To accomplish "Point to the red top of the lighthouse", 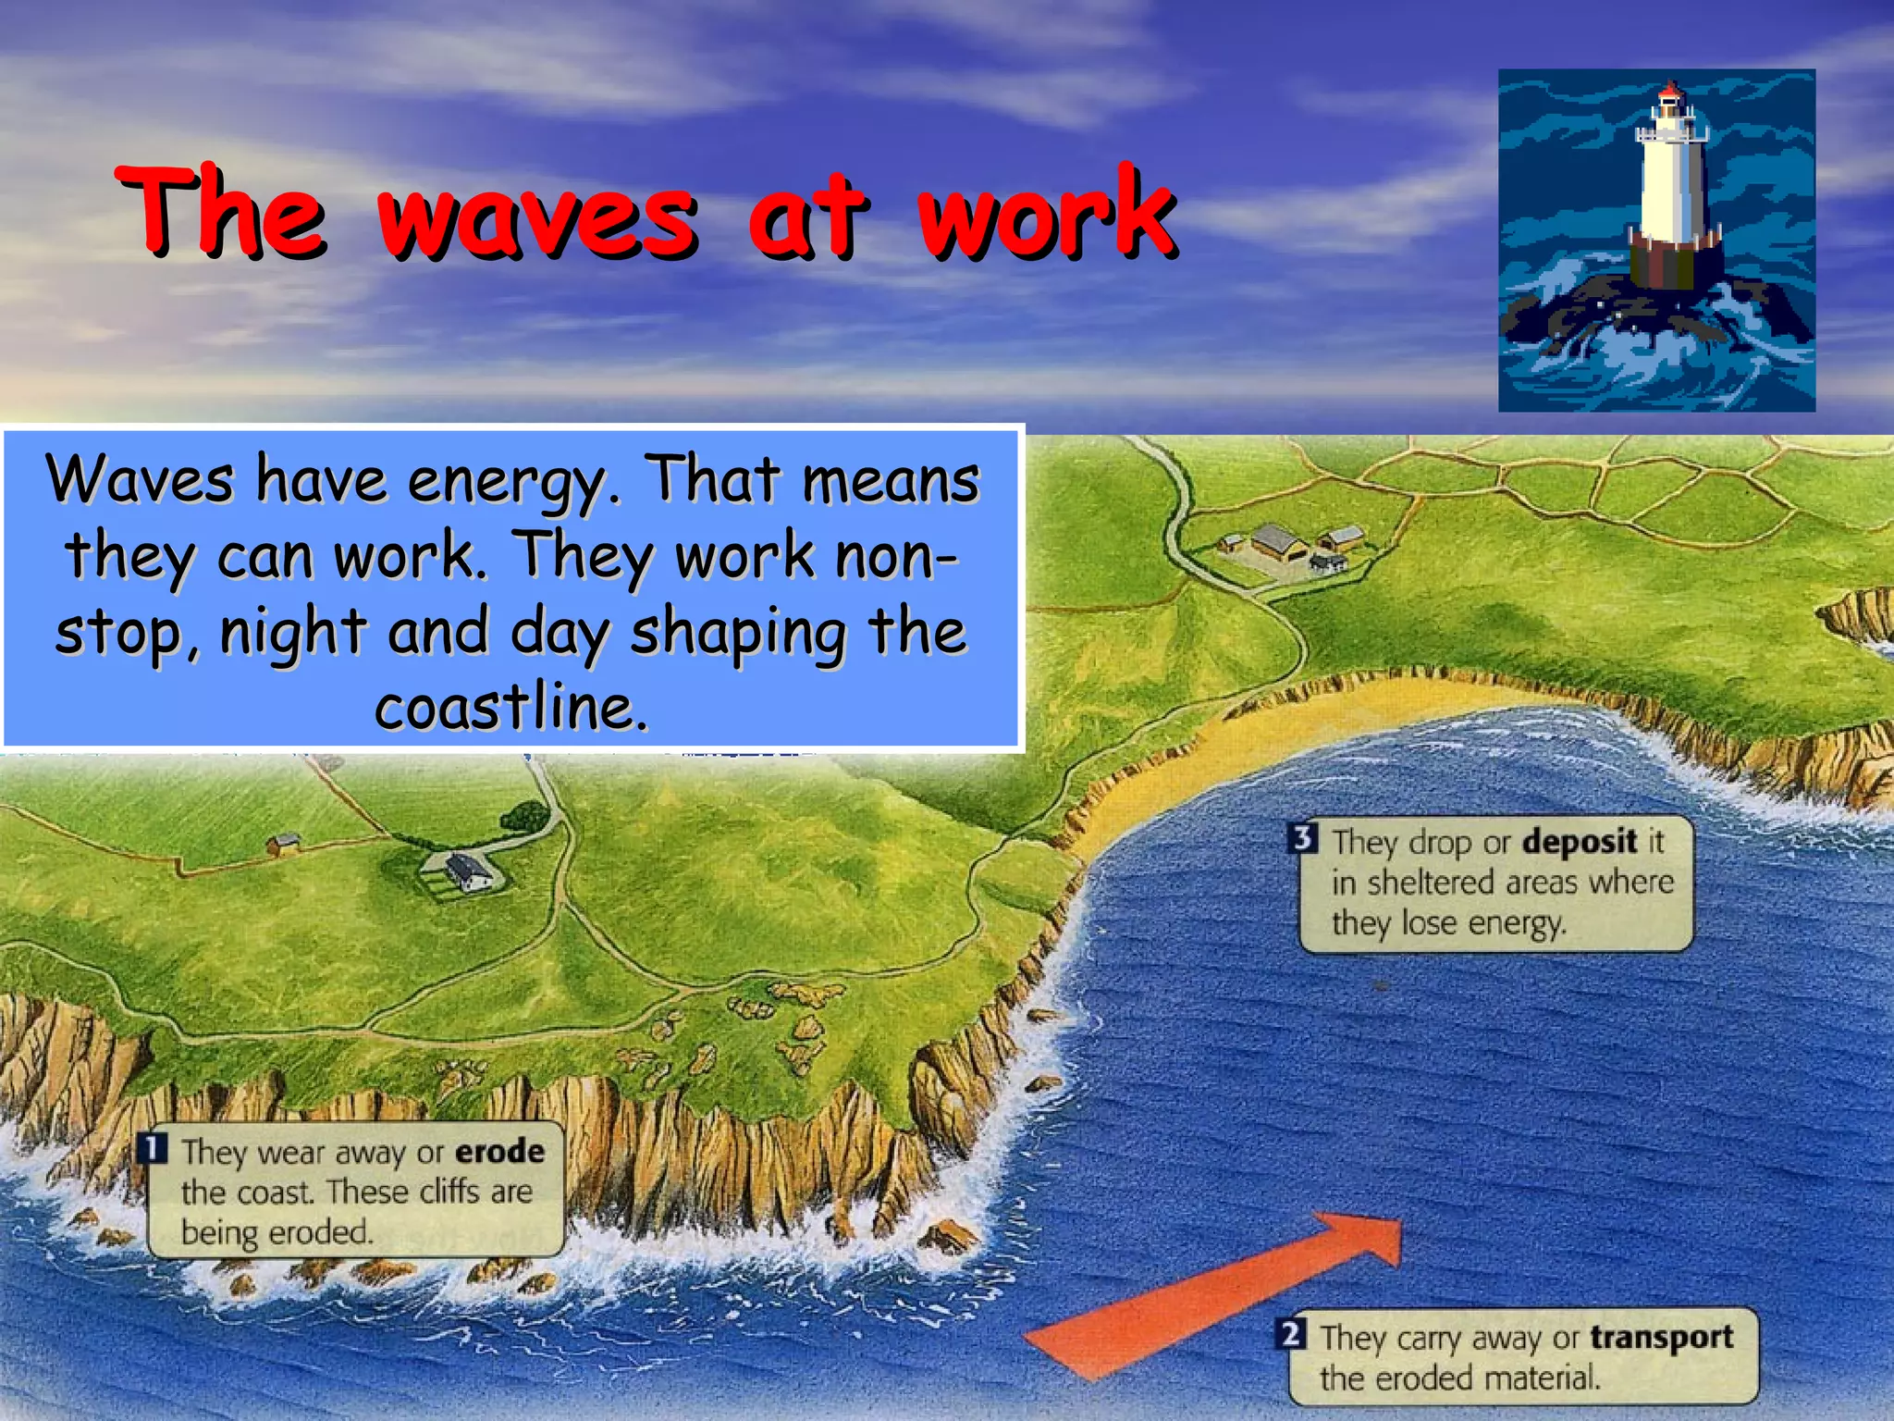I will click(x=1669, y=92).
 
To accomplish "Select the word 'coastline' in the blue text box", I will click(x=510, y=708).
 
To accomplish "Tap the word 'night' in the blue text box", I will click(x=293, y=632).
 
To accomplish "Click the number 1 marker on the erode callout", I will click(x=154, y=1148).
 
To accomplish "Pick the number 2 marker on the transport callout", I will click(x=1291, y=1335).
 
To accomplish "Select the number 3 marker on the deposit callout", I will click(x=1302, y=838).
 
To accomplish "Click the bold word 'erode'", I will click(x=499, y=1152).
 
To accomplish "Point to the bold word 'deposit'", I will click(x=1580, y=842).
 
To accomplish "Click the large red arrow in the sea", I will click(x=1221, y=1295).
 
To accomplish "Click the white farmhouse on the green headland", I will click(x=468, y=871).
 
